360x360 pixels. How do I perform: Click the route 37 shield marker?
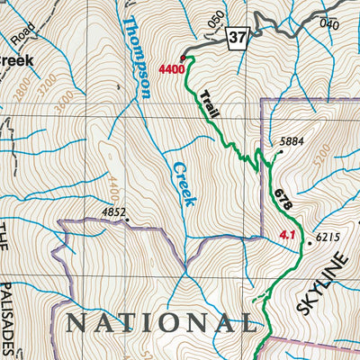click(237, 38)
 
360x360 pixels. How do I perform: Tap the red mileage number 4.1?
click(288, 237)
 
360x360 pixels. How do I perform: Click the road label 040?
click(328, 23)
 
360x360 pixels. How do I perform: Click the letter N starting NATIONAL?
click(74, 321)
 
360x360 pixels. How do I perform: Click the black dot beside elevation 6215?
click(310, 241)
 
